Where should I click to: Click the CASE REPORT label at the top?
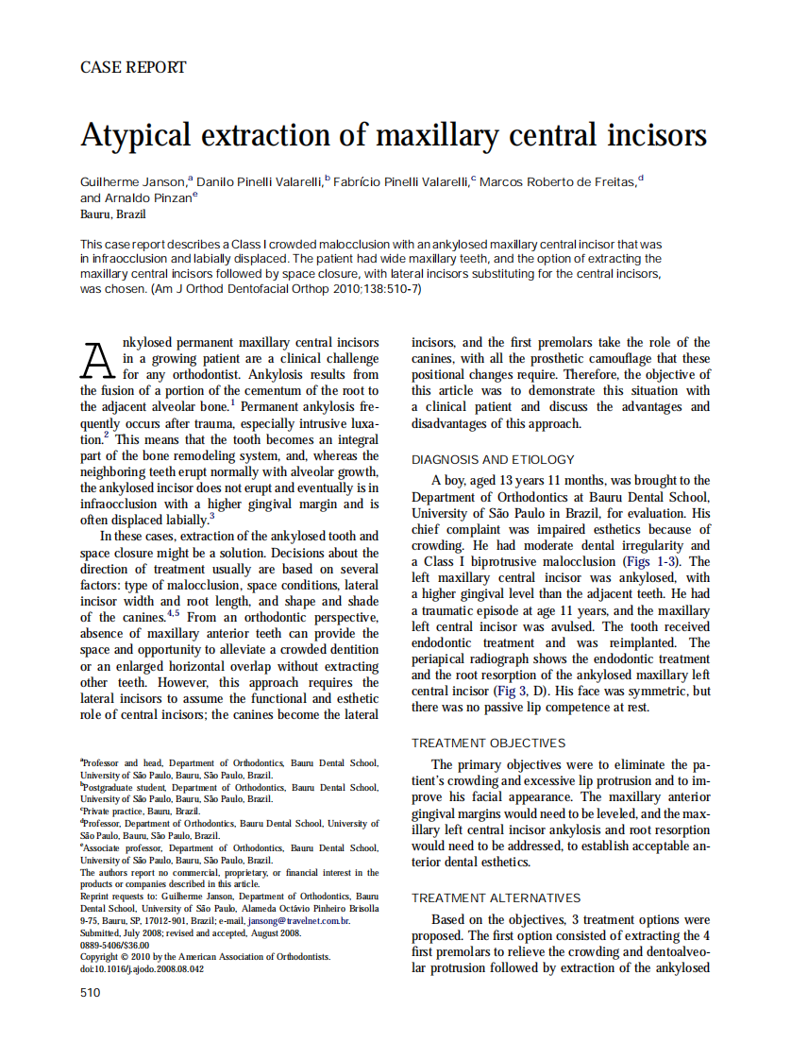click(133, 67)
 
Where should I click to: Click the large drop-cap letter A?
click(99, 359)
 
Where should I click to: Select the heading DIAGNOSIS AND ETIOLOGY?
click(493, 460)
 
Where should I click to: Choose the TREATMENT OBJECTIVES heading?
click(488, 744)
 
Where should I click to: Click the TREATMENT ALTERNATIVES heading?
click(496, 898)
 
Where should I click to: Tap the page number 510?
click(91, 992)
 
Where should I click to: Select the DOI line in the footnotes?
click(142, 968)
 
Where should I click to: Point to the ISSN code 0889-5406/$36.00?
click(114, 945)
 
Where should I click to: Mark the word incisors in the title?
click(654, 135)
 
